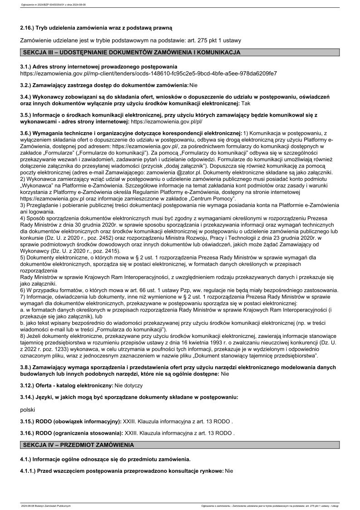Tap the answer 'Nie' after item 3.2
click(194, 85)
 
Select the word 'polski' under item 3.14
click(28, 409)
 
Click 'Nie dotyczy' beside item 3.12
click(128, 386)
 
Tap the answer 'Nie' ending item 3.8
click(225, 373)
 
